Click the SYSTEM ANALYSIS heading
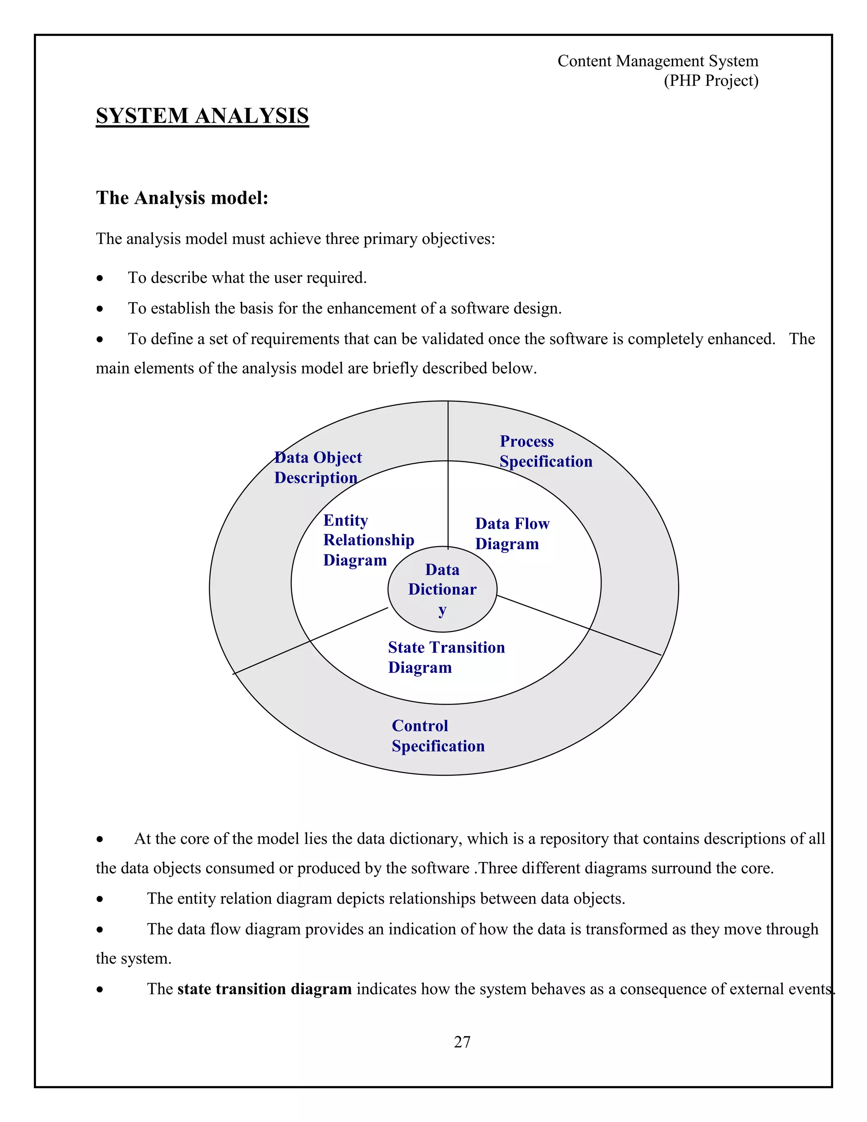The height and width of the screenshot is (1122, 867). pyautogui.click(x=202, y=116)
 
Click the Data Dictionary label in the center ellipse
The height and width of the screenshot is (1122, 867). pyautogui.click(x=442, y=589)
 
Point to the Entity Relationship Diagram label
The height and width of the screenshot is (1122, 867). pyautogui.click(x=368, y=540)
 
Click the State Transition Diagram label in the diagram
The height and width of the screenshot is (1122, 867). pyautogui.click(x=446, y=657)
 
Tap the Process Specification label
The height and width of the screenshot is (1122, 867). pyautogui.click(x=545, y=451)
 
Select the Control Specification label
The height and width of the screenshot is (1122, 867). pyautogui.click(x=438, y=736)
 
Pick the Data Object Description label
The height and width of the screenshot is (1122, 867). pyautogui.click(x=318, y=467)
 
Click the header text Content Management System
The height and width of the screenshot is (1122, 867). pyautogui.click(x=657, y=61)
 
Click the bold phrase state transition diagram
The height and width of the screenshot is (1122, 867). pyautogui.click(x=264, y=989)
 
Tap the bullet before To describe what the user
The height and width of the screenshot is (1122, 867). pyautogui.click(x=99, y=279)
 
